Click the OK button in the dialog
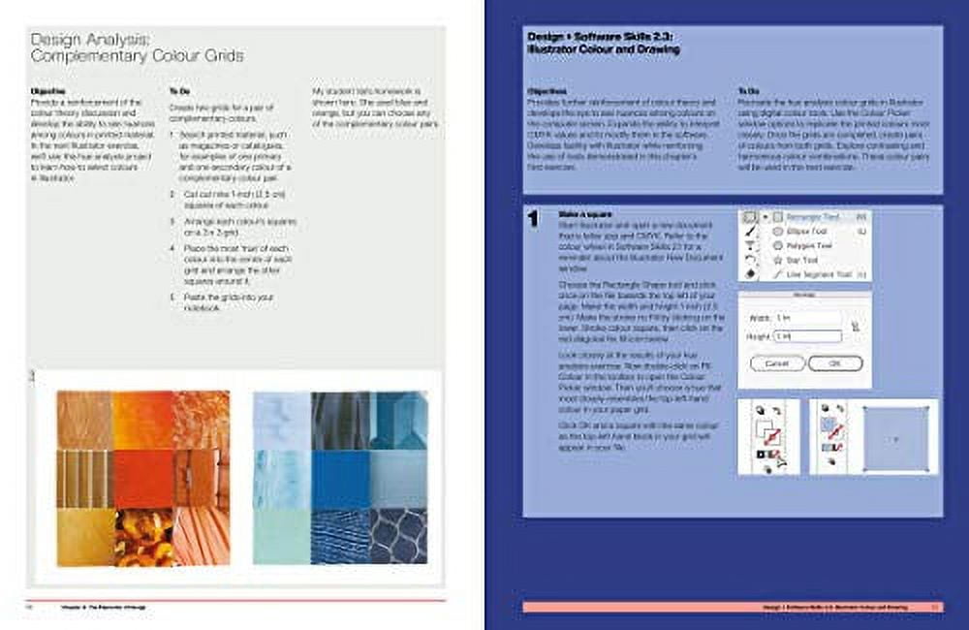822,363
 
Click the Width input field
807,318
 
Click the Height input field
807,335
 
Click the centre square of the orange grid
143,478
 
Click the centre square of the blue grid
340,478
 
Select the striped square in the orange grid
84,478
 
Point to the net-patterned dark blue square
398,535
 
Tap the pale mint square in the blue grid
281,535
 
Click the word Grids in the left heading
220,56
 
